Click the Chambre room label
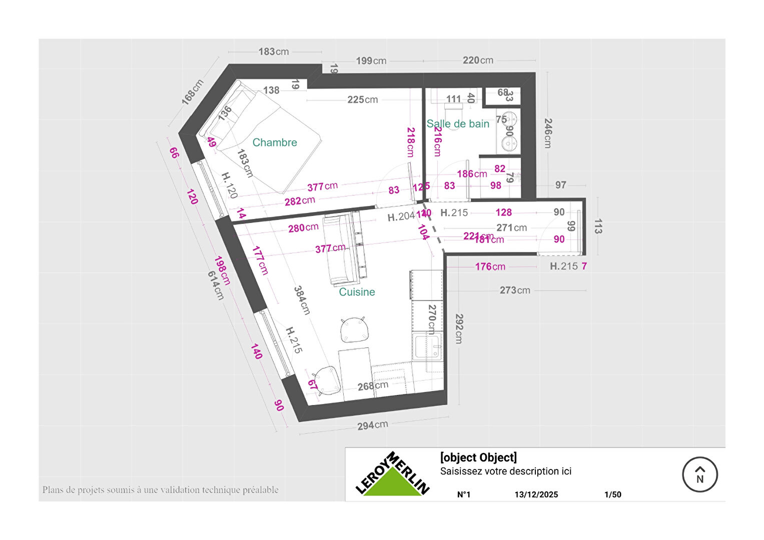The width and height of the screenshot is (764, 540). coord(275,142)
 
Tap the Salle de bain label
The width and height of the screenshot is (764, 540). coord(457,124)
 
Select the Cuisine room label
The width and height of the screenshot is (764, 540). coord(357,292)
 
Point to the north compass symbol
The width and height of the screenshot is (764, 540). coord(699,474)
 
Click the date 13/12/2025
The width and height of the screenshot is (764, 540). coord(536,494)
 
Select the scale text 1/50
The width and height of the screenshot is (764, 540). coord(612,494)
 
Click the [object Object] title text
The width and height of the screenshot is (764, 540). coord(478,457)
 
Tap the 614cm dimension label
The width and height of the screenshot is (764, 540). coord(216,285)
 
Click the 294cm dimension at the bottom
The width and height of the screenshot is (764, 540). coord(372,425)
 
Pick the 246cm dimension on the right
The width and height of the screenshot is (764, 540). coord(548,133)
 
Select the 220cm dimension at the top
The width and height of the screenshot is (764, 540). coord(478,60)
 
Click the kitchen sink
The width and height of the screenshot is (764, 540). coord(428,346)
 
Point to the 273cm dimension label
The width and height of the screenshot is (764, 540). coord(515,290)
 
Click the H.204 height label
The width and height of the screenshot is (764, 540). coord(401,216)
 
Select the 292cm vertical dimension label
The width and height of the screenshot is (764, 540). coord(458,328)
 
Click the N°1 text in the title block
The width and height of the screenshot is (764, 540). coord(464,494)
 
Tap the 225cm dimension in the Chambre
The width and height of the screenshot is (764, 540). coord(363,100)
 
